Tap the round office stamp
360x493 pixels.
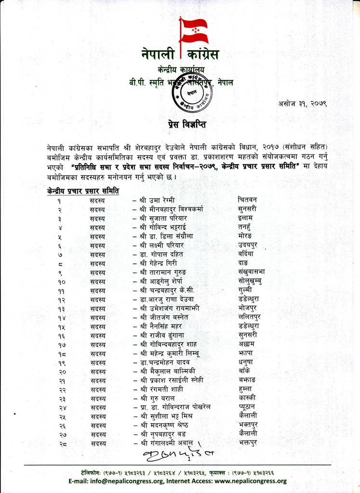click(x=194, y=92)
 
